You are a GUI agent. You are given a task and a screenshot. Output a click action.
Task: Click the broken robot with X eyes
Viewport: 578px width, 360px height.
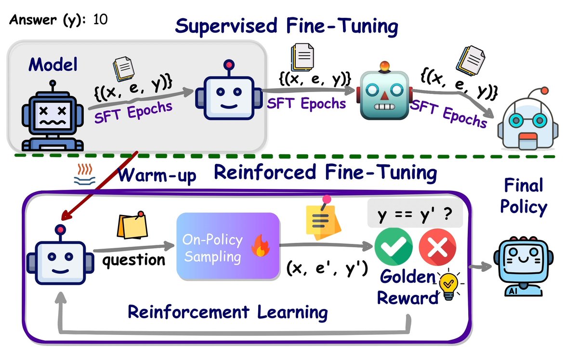52,116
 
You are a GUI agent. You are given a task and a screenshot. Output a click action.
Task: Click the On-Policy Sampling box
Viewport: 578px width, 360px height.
228,246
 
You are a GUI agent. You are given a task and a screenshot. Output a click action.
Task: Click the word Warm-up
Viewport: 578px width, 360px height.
157,175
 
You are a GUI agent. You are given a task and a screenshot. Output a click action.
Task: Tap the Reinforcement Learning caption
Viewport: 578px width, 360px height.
227,311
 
